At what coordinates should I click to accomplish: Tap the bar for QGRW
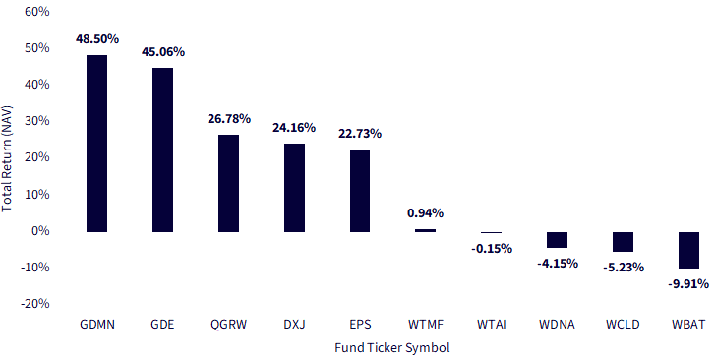pyautogui.click(x=228, y=183)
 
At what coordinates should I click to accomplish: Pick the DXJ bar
pyautogui.click(x=294, y=188)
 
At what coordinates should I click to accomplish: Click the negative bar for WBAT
pyautogui.click(x=689, y=250)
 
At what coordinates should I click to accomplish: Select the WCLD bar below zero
pyautogui.click(x=624, y=242)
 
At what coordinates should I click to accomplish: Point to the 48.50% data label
pyautogui.click(x=96, y=39)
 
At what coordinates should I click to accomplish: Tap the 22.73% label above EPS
pyautogui.click(x=360, y=134)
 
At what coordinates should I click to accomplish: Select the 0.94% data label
pyautogui.click(x=425, y=212)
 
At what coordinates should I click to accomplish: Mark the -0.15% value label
pyautogui.click(x=491, y=248)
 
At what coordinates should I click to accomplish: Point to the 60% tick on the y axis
pyautogui.click(x=36, y=12)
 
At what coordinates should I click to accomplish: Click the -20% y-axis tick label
pyautogui.click(x=34, y=304)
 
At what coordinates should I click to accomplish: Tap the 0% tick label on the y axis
pyautogui.click(x=40, y=231)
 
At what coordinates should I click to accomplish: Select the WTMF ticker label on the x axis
pyautogui.click(x=425, y=323)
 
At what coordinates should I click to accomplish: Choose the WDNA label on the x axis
pyautogui.click(x=557, y=323)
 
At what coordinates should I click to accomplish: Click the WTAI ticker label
pyautogui.click(x=491, y=323)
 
